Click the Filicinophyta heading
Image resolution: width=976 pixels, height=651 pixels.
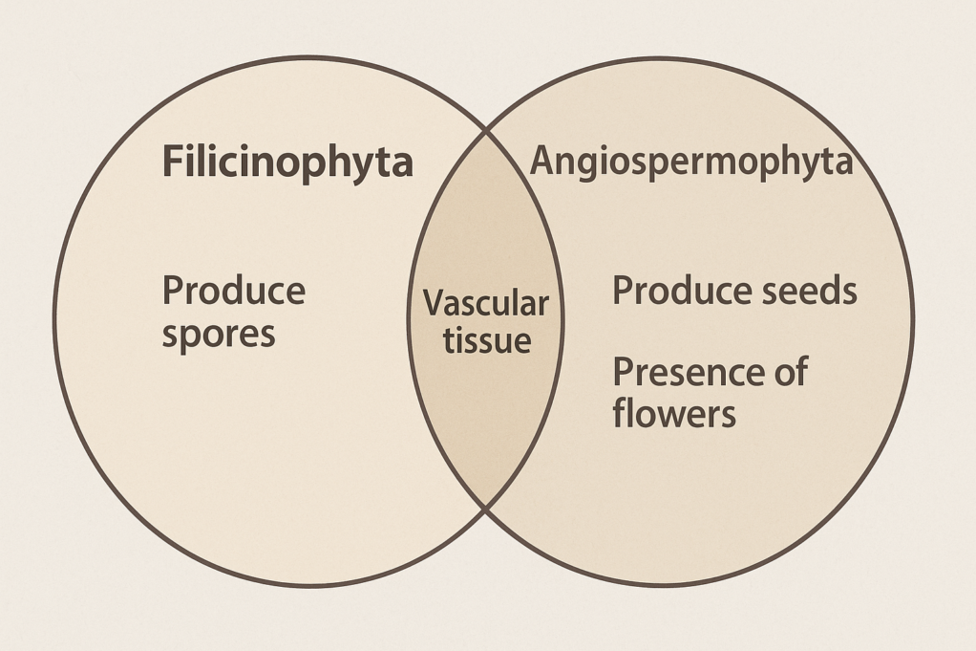287,163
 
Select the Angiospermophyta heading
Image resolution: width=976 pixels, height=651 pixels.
690,161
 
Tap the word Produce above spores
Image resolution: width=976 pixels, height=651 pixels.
234,290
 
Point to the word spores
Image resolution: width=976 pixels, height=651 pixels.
219,334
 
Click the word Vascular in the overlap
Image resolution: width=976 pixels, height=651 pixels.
485,304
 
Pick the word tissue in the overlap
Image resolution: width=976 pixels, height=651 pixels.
486,340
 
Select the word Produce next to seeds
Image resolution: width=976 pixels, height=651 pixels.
672,291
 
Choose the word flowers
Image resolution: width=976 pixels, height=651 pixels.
674,413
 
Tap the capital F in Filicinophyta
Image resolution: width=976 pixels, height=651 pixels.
172,163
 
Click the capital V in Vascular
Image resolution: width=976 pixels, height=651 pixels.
432,304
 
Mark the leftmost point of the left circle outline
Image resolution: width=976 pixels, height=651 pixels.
54,321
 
